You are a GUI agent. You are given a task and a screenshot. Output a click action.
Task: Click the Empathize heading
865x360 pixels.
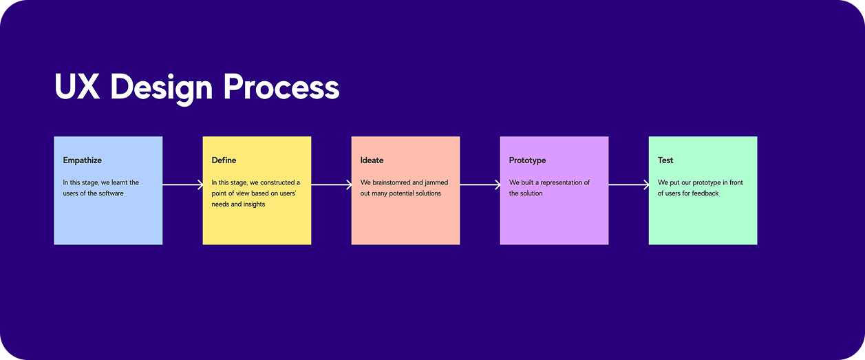(x=82, y=160)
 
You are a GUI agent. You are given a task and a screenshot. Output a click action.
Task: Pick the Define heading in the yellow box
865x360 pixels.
(x=224, y=160)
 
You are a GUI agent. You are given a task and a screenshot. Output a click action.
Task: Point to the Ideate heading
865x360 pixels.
(x=372, y=160)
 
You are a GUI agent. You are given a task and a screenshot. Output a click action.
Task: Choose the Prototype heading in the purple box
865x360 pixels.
(x=527, y=160)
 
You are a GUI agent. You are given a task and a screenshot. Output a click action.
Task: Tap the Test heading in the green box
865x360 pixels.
(x=665, y=160)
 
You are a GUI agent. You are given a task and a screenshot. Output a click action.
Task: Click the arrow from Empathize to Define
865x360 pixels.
(x=182, y=184)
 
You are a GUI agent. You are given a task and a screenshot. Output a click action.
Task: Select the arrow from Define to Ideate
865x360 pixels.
(x=331, y=184)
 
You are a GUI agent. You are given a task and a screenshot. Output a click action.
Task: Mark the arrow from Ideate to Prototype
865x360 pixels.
(x=480, y=184)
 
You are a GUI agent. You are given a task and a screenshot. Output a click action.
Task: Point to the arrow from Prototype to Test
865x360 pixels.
(x=628, y=184)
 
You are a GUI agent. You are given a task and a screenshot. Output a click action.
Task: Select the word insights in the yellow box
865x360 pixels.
(x=253, y=204)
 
